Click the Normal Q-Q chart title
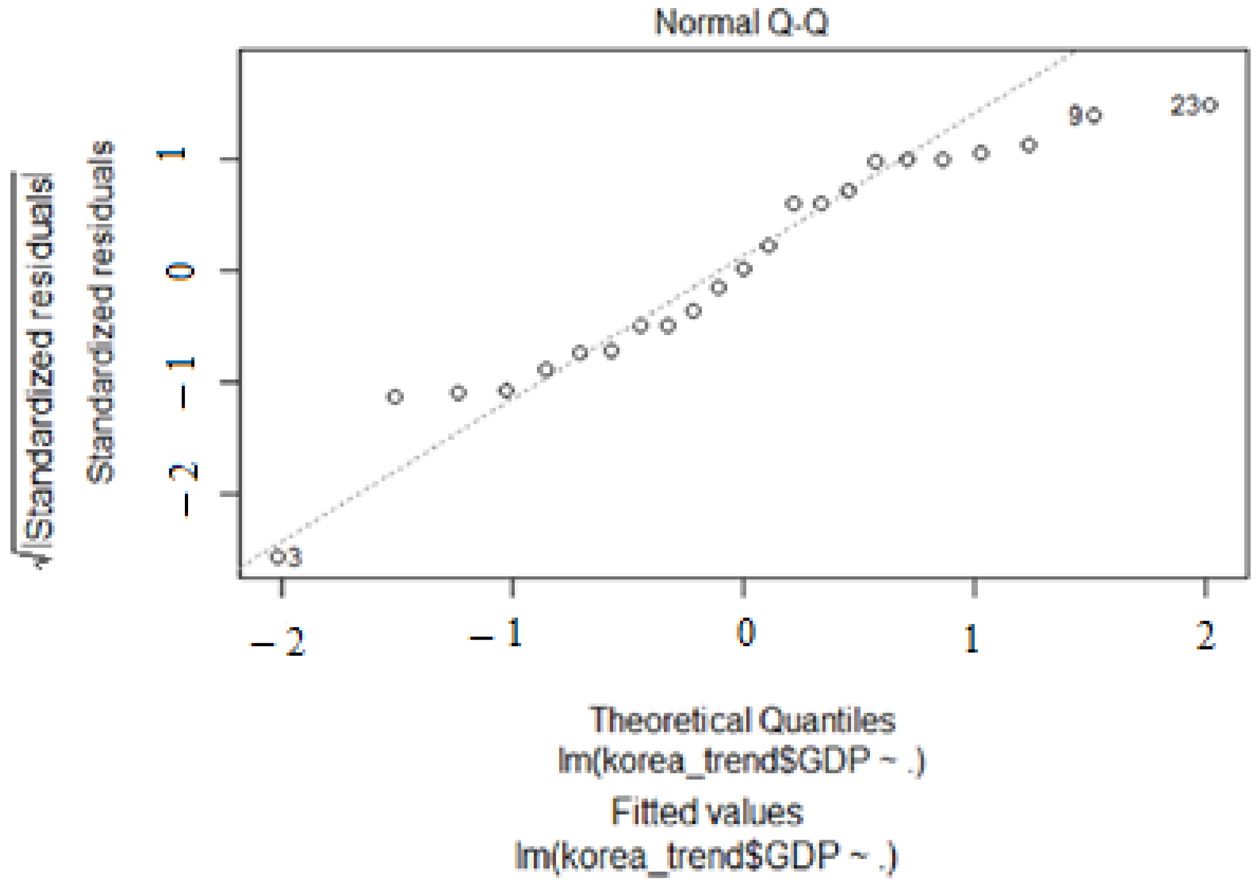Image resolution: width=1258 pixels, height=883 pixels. pyautogui.click(x=741, y=23)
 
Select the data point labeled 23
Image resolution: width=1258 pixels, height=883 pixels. pyautogui.click(x=1210, y=105)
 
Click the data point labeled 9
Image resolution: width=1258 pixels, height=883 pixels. pyautogui.click(x=1094, y=115)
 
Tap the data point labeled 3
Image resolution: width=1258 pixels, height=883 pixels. pyautogui.click(x=278, y=557)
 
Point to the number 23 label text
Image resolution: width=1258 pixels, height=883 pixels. pyautogui.click(x=1185, y=105)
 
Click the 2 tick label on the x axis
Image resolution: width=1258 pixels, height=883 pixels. pyautogui.click(x=1205, y=636)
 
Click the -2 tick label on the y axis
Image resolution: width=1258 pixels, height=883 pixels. pyautogui.click(x=183, y=490)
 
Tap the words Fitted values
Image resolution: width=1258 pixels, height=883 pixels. pyautogui.click(x=707, y=812)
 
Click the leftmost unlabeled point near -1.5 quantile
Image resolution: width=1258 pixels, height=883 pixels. pyautogui.click(x=395, y=397)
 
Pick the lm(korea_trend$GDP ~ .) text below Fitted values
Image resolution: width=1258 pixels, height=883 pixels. pyautogui.click(x=705, y=857)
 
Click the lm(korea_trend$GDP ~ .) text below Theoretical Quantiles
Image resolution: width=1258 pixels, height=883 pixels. pyautogui.click(x=741, y=761)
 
